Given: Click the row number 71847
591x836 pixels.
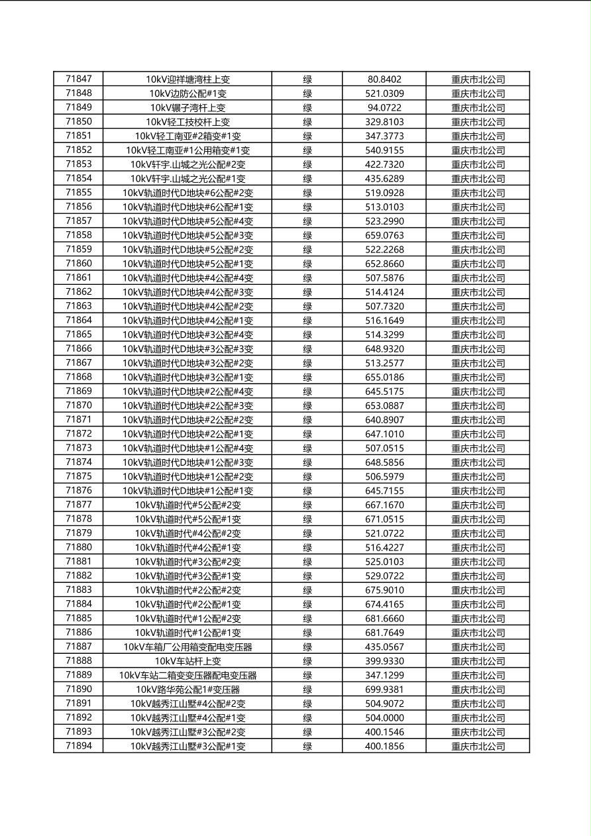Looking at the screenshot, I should coord(79,79).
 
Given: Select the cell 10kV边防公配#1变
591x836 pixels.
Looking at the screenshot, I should coord(188,93).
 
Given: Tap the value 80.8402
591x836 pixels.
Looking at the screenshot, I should coord(384,79).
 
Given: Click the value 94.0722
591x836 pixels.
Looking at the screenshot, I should coord(384,107).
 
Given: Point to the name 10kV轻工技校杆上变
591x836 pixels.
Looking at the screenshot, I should coord(188,122).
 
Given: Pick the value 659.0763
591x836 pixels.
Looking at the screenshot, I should coord(384,235).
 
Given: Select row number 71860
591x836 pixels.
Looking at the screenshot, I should coord(79,263).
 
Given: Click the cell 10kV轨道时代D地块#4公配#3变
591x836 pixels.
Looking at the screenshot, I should coord(188,292).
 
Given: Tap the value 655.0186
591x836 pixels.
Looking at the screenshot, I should coord(384,377).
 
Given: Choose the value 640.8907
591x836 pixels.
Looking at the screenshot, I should coord(384,419).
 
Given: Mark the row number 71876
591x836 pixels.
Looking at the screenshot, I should coord(79,490).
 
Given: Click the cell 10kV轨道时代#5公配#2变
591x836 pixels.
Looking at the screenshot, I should coord(188,505).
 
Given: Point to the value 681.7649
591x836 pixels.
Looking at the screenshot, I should coord(384,633).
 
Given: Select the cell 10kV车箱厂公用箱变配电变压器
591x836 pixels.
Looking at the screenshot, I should coord(188,647).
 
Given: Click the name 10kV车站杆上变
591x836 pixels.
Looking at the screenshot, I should coord(188,661).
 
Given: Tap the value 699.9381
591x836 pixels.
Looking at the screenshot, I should coord(384,689).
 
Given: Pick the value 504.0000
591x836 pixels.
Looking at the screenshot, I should coord(384,717).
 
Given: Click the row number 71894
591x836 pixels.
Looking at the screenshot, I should coord(79,746).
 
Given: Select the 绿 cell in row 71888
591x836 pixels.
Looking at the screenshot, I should coord(307,661).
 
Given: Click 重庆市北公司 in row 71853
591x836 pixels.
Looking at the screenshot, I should coord(478,164).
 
